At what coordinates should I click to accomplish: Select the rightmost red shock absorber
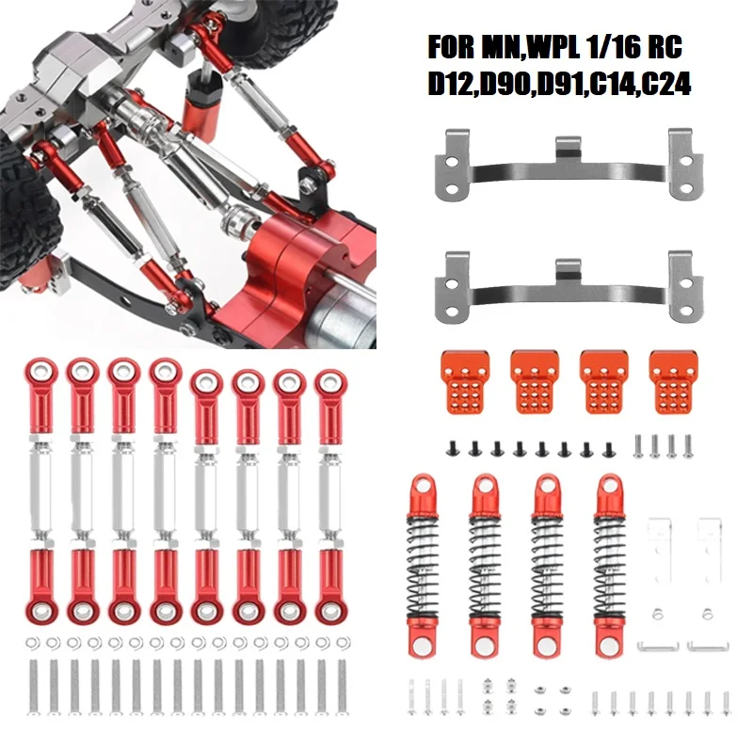(x=610, y=565)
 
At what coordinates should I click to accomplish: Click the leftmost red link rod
(x=42, y=489)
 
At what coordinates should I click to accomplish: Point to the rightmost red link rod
(x=330, y=489)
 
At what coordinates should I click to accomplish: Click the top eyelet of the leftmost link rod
(x=42, y=369)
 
